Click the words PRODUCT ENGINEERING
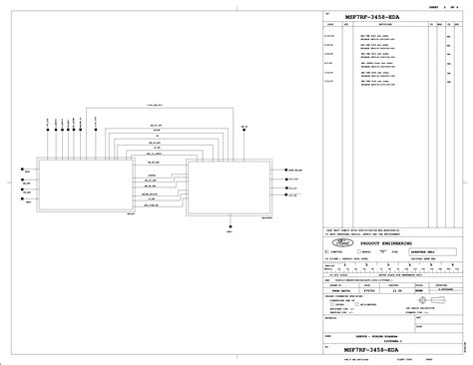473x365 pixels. [x=382, y=242]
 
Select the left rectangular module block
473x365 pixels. [x=87, y=184]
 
